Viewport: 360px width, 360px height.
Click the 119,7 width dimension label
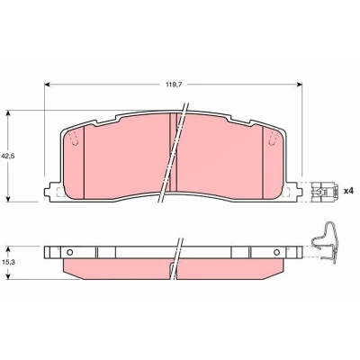point(174,85)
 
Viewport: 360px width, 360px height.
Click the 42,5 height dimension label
point(12,156)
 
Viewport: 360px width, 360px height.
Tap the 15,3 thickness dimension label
point(12,262)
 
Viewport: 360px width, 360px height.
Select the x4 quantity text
point(349,191)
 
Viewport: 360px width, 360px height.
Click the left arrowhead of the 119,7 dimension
point(47,85)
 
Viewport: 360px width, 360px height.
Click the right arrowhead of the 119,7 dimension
point(300,85)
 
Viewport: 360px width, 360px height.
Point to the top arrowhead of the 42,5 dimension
point(8,113)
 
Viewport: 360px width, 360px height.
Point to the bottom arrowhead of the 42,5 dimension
point(8,199)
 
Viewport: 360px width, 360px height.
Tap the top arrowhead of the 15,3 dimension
point(8,249)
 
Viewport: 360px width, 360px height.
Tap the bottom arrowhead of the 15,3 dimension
point(8,276)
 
